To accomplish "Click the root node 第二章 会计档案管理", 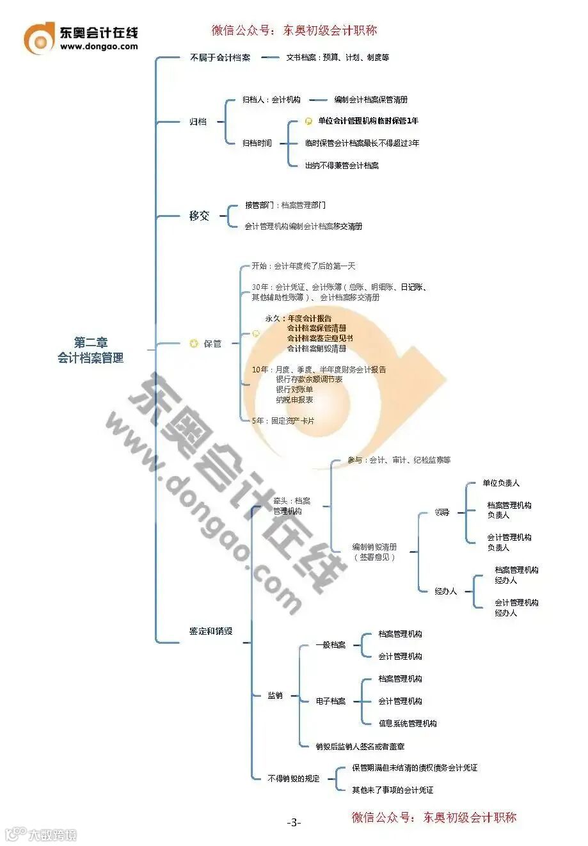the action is (90, 350).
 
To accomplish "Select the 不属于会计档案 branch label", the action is (220, 58).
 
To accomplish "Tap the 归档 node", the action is (198, 122).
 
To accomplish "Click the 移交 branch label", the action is (199, 216).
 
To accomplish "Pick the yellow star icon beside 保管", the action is (194, 344).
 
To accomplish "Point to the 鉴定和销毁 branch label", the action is (211, 631).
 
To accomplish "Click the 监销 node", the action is (275, 696).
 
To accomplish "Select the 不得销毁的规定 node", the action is (294, 778).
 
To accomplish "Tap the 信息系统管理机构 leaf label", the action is (408, 724).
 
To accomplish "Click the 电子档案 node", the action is (331, 701).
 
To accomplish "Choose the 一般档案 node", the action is (331, 645).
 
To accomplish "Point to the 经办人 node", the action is (446, 591).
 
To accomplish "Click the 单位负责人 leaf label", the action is (501, 483).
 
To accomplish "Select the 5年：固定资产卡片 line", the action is (283, 421).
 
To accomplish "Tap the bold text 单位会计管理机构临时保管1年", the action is (368, 121).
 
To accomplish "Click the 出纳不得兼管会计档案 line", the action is (342, 166).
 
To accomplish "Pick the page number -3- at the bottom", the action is (294, 822).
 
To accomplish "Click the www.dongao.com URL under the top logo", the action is (99, 46).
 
